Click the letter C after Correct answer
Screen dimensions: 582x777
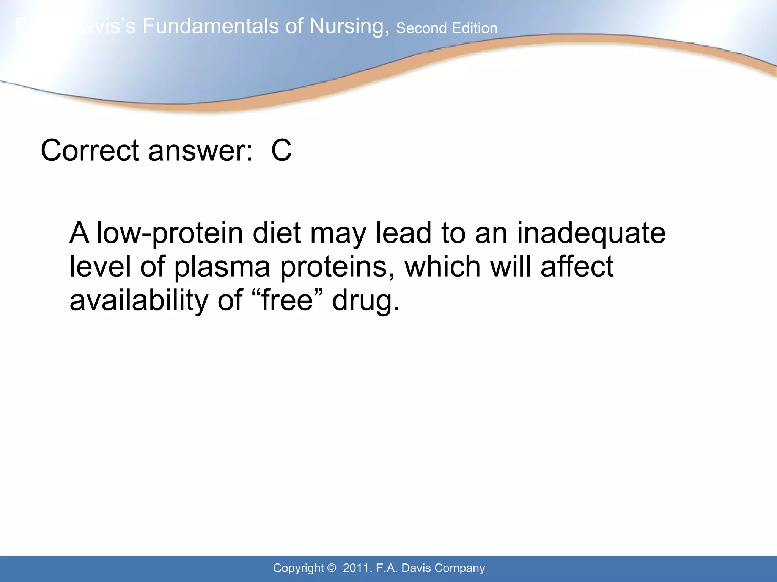281,150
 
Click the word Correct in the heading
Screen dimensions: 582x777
90,150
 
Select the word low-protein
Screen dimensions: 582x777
170,233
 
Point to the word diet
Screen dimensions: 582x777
277,233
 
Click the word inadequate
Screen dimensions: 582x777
591,233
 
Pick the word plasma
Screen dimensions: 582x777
222,267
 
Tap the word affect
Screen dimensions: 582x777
577,266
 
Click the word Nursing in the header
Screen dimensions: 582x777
349,27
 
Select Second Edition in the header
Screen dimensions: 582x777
447,28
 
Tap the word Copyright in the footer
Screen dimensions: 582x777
298,568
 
